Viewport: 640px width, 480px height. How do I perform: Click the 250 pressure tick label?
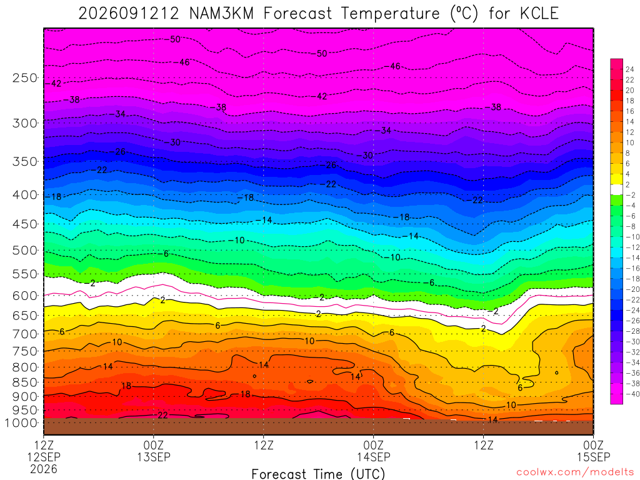tap(25, 77)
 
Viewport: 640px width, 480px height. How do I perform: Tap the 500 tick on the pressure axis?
tap(25, 250)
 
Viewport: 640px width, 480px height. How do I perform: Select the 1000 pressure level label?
tap(22, 423)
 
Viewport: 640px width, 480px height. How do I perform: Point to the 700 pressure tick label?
tap(25, 334)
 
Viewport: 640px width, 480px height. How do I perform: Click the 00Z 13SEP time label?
tap(154, 451)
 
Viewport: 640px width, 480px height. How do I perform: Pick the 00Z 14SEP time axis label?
tap(374, 451)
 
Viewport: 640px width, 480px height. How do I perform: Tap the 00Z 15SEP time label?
tap(593, 451)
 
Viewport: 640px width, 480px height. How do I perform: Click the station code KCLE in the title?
tap(539, 14)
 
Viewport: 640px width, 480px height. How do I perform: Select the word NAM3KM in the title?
tap(222, 14)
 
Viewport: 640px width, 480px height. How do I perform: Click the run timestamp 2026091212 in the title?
tap(129, 14)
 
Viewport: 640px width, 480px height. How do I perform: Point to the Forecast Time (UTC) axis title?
tap(318, 474)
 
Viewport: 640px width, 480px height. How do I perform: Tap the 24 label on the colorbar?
tap(630, 69)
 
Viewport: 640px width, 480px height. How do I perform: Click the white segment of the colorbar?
tap(616, 189)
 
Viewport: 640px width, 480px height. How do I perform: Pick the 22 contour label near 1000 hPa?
tap(162, 415)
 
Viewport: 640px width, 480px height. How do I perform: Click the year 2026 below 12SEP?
tap(44, 469)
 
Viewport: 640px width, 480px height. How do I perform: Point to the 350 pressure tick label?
tap(25, 161)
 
